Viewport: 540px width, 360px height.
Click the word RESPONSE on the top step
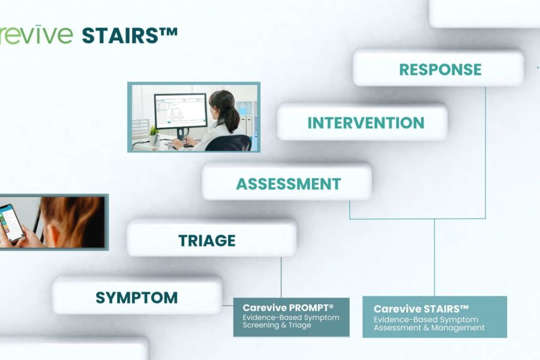click(x=440, y=70)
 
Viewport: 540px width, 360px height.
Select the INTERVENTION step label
click(x=365, y=123)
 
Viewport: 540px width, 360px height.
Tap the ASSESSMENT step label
click(x=288, y=184)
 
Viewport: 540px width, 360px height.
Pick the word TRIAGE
click(x=207, y=241)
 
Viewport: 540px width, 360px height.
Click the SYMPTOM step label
click(x=136, y=297)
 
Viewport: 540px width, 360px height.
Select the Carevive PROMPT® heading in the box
click(x=287, y=308)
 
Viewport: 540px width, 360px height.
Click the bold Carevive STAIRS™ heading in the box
click(x=421, y=309)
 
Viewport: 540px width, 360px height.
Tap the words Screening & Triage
click(x=277, y=325)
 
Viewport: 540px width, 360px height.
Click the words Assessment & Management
click(x=429, y=328)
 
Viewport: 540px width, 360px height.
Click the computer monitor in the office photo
click(x=180, y=110)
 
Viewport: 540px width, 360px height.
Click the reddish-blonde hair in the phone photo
click(x=72, y=216)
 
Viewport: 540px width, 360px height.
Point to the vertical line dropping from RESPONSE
click(x=485, y=150)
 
